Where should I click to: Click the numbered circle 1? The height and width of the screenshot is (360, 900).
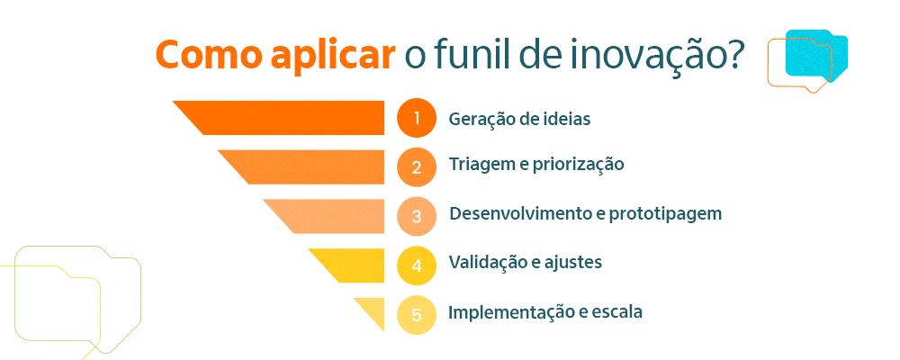click(x=417, y=118)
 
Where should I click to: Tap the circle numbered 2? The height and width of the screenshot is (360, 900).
click(x=417, y=166)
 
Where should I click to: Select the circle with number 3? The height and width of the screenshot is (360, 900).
click(x=417, y=216)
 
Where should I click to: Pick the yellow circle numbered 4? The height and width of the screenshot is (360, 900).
click(x=417, y=265)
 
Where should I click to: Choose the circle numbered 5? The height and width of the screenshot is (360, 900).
click(x=417, y=314)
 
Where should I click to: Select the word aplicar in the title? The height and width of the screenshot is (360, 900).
click(x=332, y=56)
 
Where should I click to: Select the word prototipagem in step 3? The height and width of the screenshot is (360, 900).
click(x=665, y=215)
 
